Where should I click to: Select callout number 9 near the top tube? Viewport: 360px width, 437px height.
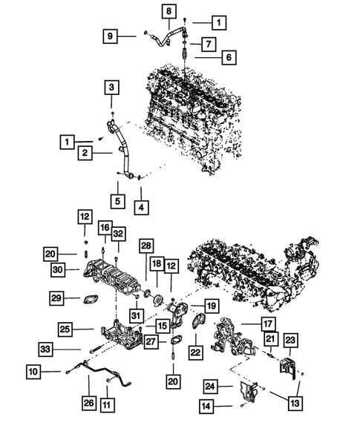point(111,35)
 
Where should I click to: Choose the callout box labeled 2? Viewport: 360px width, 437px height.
point(87,153)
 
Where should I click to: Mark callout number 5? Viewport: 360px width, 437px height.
point(117,200)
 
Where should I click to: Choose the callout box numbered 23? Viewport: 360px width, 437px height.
point(289,341)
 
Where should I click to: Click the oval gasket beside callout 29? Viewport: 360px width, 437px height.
point(93,300)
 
